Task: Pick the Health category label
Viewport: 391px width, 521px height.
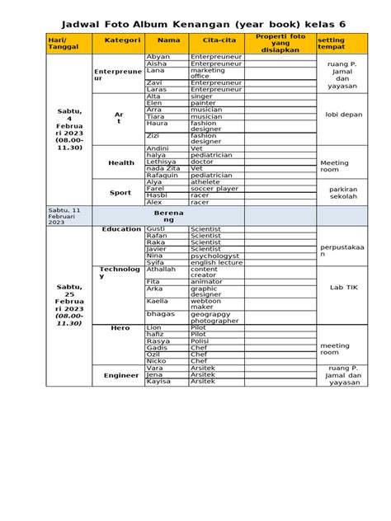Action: (121, 163)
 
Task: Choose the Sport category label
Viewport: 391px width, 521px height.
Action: (121, 193)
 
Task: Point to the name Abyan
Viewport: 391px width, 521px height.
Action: (158, 57)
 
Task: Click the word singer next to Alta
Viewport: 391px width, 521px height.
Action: (202, 96)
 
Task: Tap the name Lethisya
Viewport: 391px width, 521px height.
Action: (162, 161)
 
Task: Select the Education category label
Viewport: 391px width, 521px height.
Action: (121, 229)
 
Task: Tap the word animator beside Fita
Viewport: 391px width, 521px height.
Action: (206, 281)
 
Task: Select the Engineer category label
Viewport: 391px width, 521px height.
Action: (121, 375)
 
